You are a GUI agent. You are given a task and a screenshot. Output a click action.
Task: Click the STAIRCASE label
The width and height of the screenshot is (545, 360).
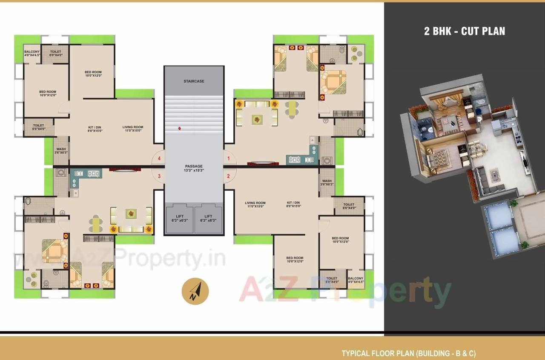[x=194, y=81]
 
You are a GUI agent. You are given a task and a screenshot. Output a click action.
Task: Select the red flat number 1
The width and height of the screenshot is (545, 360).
[x=229, y=159]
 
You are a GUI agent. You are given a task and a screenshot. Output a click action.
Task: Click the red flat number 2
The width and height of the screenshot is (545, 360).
[x=229, y=176]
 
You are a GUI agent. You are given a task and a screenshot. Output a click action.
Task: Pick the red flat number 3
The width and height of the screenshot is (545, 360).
[x=159, y=176]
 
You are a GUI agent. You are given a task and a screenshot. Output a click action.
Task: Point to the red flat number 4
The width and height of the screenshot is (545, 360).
[x=159, y=159]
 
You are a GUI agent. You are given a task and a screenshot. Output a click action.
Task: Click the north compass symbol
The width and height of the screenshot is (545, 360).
[x=195, y=291]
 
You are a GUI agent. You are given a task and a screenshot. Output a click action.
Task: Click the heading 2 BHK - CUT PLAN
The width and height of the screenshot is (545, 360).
[x=465, y=31]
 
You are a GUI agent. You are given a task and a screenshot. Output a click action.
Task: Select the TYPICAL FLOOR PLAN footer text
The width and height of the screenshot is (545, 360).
[x=409, y=353]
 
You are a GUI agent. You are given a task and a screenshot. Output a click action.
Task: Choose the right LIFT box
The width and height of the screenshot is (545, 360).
[x=208, y=218]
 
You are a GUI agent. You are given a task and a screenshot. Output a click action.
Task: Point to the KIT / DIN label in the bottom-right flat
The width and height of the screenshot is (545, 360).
[x=294, y=204]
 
